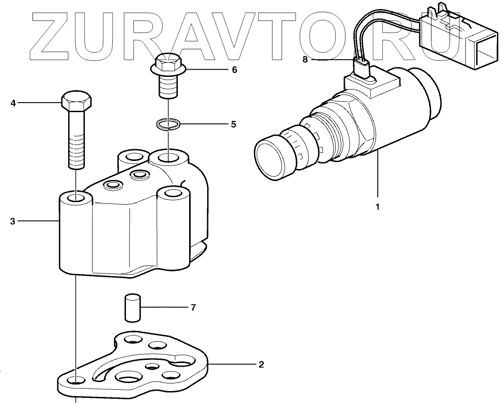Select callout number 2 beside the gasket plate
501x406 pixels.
tap(261, 364)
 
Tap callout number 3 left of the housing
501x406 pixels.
tap(13, 221)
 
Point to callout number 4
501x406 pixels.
tap(13, 104)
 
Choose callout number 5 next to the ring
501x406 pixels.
tap(233, 124)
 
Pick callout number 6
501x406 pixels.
tap(234, 70)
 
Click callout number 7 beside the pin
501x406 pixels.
tap(193, 308)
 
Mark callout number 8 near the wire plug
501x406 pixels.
tap(305, 59)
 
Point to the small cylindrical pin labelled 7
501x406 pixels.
tap(132, 308)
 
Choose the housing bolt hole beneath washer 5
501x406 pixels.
tap(167, 158)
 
